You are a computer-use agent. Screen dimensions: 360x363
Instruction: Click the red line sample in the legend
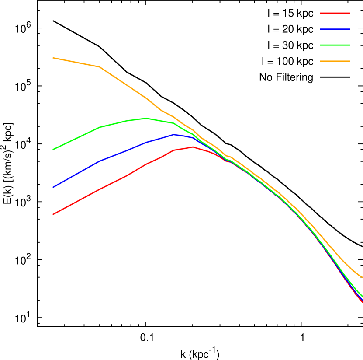tap(335, 13)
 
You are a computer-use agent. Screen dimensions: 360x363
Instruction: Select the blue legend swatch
tap(335, 29)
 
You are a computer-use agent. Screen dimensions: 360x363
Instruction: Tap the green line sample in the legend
tap(335, 45)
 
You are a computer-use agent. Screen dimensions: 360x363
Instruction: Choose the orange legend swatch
tap(335, 61)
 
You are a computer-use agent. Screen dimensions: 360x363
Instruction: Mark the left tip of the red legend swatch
tap(321, 13)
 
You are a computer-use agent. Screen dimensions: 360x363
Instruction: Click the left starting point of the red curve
tap(53, 214)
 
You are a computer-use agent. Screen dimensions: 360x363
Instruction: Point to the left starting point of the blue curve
tap(53, 187)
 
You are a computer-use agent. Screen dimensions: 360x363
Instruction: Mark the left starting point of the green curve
tap(53, 149)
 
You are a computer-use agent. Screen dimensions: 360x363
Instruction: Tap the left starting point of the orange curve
tap(53, 58)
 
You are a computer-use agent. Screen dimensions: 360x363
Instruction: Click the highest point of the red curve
tap(193, 147)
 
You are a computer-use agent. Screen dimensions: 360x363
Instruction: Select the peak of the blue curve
tap(174, 134)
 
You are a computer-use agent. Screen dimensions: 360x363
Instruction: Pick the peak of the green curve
tap(146, 118)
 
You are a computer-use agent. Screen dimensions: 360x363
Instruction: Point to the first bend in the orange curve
tap(100, 67)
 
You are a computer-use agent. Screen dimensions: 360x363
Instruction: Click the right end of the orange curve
tap(362, 278)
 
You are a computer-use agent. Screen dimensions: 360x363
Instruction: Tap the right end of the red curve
tap(362, 302)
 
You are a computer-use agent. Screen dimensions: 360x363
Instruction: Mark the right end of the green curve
tap(362, 296)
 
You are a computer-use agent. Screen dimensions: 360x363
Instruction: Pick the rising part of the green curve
tap(79, 137)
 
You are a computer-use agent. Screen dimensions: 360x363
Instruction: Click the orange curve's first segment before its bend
tap(76, 63)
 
